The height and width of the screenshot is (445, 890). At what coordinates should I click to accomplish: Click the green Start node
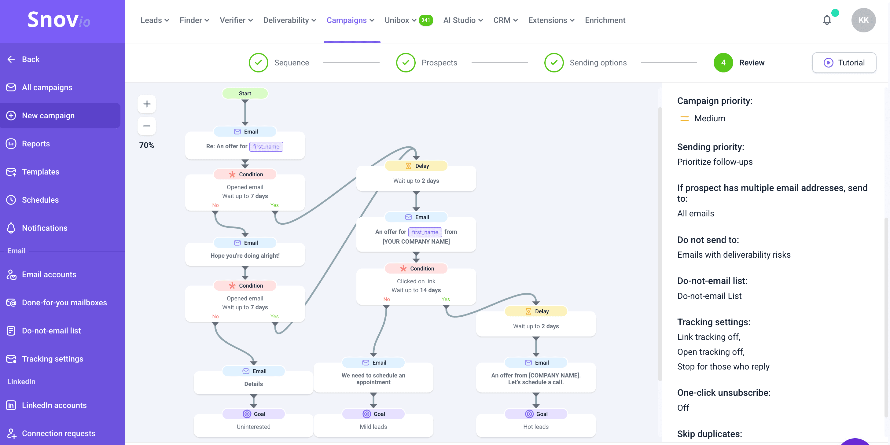[x=245, y=93]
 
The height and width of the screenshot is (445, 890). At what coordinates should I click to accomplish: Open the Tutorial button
[x=844, y=63]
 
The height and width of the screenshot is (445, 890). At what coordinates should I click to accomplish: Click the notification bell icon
[x=827, y=20]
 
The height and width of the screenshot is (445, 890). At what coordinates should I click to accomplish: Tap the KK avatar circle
[x=863, y=20]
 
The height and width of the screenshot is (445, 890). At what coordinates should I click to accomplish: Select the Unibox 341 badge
[x=426, y=20]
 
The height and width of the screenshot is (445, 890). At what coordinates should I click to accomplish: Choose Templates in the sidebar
[x=40, y=172]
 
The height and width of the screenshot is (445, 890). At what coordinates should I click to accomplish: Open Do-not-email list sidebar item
[x=51, y=331]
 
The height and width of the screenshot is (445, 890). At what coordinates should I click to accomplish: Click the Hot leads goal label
[x=535, y=427]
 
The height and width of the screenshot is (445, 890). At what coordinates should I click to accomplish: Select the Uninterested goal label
[x=253, y=427]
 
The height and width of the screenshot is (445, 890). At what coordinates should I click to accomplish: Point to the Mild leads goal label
[x=373, y=427]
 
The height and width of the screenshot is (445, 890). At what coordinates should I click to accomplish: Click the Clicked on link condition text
[x=416, y=281]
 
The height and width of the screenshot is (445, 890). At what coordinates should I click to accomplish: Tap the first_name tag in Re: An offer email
[x=266, y=146]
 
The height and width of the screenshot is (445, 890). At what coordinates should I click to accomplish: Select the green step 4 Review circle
[x=723, y=63]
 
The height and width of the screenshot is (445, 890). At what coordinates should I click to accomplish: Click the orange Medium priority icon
[x=684, y=119]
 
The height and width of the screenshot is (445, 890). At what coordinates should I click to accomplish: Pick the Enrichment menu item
[x=605, y=20]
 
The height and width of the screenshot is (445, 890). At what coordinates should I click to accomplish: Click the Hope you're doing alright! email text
[x=245, y=256]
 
